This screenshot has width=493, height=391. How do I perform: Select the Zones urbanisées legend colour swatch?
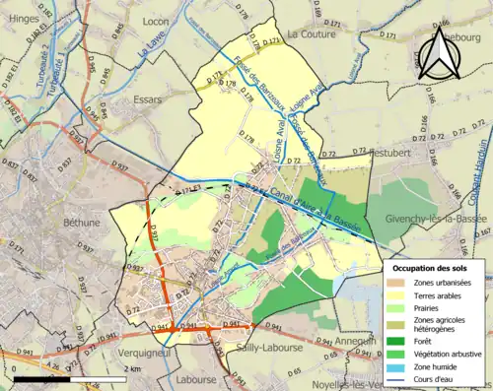pyautogui.click(x=397, y=283)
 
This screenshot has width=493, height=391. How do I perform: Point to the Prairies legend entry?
pyautogui.click(x=431, y=309)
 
